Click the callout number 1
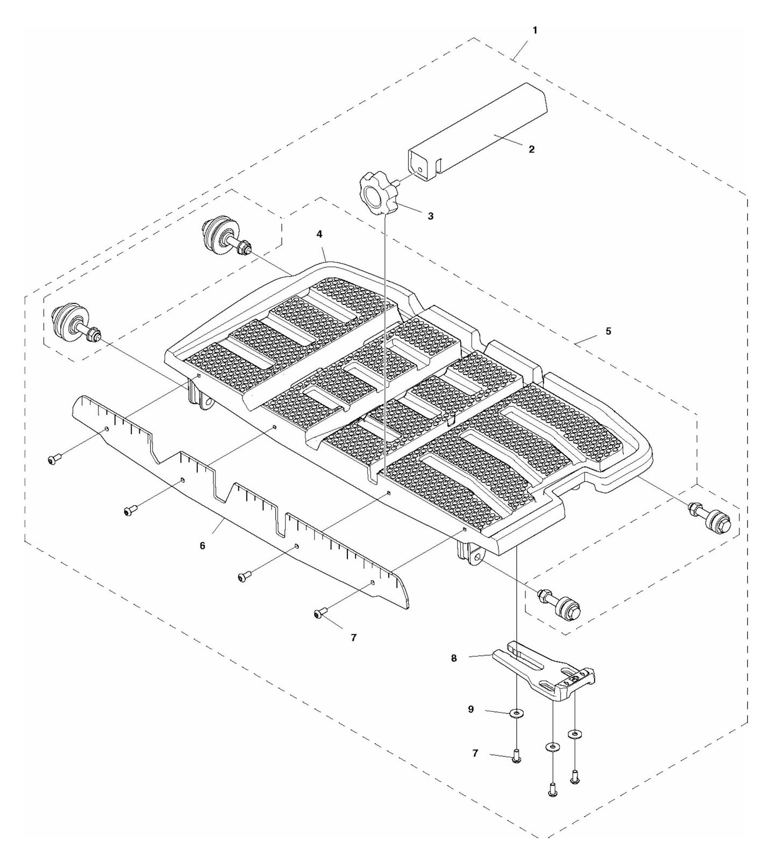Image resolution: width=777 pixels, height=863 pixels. point(534,31)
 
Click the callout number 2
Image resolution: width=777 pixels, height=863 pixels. point(531,149)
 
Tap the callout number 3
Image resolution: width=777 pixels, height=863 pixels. point(430,216)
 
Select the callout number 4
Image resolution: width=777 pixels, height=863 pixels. point(319,234)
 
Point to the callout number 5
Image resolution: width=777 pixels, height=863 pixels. point(608,331)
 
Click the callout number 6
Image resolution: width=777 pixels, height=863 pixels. point(202,545)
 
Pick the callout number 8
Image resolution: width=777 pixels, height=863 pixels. point(454,657)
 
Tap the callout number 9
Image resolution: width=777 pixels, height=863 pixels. point(471,709)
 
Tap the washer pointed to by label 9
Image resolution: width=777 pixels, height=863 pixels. point(517,714)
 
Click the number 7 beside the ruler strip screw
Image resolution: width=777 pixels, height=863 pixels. point(353,637)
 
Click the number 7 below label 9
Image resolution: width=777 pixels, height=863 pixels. point(475,753)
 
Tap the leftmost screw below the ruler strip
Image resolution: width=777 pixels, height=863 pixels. point(53,459)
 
